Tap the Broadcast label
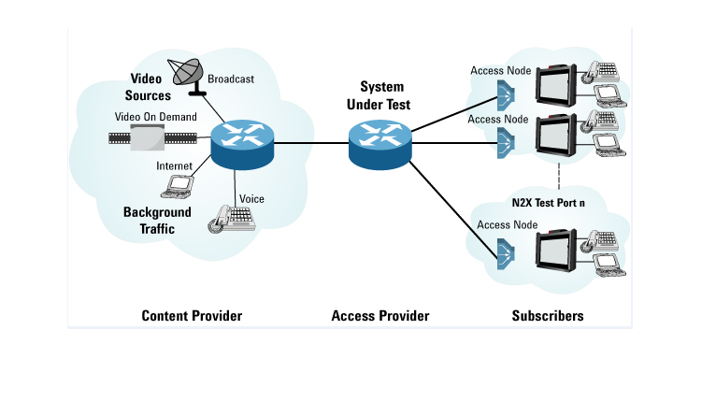(x=231, y=79)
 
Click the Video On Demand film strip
(x=150, y=139)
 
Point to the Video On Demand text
(x=155, y=117)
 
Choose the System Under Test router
(x=379, y=143)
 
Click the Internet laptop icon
(x=177, y=186)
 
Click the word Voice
(x=251, y=198)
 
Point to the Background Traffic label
(x=157, y=219)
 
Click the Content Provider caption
(x=192, y=316)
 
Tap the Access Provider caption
(x=380, y=316)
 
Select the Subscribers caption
(x=548, y=316)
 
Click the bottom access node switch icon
(x=505, y=251)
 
